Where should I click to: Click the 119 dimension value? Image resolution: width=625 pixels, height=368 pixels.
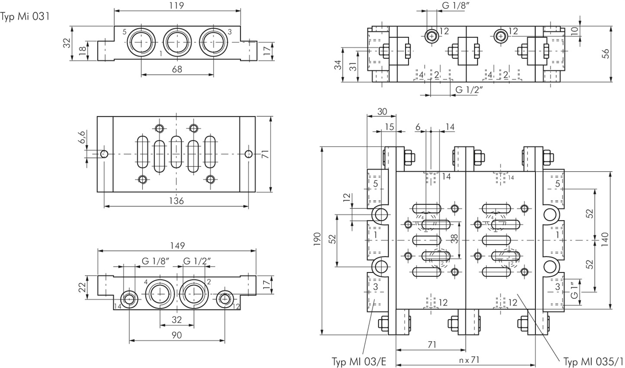pos(177,6)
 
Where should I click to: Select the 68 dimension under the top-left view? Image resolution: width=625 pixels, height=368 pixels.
pos(177,69)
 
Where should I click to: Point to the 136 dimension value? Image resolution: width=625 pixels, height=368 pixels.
pos(177,201)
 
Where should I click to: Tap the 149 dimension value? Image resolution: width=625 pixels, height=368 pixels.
pos(177,245)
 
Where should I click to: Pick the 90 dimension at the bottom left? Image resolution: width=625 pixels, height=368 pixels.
pos(177,335)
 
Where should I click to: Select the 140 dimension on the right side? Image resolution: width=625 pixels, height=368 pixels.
pos(605,239)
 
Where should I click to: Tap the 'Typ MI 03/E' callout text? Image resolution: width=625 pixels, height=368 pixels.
pos(359,361)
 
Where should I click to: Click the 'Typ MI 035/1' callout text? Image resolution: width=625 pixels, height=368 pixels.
pos(593,361)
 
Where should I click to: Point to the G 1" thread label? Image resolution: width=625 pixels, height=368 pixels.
pos(574,291)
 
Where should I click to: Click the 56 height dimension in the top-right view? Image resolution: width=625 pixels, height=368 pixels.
pos(606,53)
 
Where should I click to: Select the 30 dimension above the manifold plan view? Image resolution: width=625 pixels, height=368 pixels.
pos(381,111)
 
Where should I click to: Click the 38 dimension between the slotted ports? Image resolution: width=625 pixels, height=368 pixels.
pos(454,239)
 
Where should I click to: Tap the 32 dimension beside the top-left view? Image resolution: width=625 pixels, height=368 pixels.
pos(66,43)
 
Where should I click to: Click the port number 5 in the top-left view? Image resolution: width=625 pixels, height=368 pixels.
pos(124,32)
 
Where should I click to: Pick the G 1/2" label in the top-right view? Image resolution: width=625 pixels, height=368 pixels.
pos(469,90)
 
